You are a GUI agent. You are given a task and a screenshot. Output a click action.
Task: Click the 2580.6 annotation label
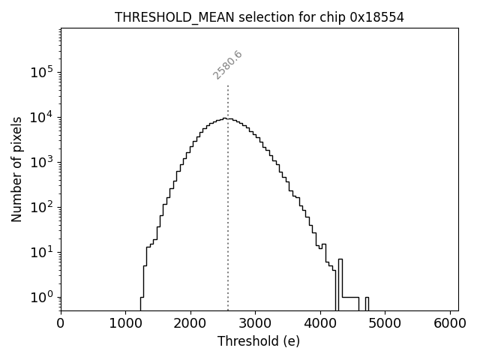(228, 64)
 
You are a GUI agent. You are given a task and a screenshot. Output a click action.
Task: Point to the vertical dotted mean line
(228, 187)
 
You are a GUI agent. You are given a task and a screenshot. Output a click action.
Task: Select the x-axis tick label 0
(61, 323)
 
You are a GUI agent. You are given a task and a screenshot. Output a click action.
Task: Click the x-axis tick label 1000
(125, 323)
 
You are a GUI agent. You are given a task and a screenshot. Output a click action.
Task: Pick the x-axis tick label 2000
(190, 323)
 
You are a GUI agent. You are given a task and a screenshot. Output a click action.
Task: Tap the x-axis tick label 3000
(255, 323)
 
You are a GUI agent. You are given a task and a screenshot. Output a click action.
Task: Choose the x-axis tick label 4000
(320, 323)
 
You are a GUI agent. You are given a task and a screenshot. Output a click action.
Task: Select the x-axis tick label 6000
(450, 323)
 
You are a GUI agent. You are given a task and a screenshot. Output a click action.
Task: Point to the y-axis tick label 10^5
(41, 72)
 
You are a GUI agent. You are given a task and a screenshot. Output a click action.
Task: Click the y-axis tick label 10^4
(41, 117)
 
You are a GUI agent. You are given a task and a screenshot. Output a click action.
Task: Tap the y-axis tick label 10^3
(41, 162)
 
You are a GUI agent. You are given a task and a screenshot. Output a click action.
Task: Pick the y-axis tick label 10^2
(41, 207)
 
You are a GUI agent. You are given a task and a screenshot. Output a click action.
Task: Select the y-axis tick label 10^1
(41, 252)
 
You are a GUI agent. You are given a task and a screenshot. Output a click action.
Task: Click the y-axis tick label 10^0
(41, 297)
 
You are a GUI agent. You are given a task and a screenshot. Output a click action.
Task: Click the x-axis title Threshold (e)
(259, 341)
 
